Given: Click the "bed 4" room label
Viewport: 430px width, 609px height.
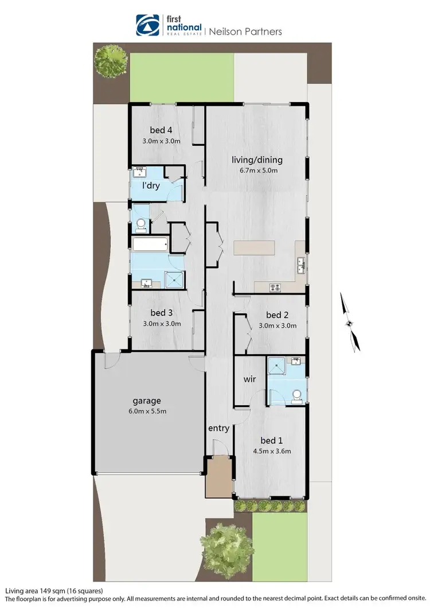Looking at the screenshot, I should tap(162, 129).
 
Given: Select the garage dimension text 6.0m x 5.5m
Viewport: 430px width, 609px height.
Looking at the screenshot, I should tap(148, 412).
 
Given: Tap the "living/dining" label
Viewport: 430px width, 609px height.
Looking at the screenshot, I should tap(257, 160).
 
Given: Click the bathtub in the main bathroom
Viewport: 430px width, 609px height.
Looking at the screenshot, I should tap(150, 245).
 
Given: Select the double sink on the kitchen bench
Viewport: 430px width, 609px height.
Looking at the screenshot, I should tap(301, 265).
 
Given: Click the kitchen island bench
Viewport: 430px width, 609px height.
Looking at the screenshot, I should tap(254, 248).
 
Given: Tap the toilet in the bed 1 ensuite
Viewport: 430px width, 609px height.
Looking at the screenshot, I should tap(296, 395).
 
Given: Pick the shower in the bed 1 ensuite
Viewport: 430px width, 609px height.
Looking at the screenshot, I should tap(278, 366).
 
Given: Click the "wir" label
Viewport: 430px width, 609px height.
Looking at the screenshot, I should tap(249, 379).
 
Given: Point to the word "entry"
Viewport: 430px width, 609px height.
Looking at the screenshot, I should tap(218, 428).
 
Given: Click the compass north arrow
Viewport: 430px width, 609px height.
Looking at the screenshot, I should tap(350, 321).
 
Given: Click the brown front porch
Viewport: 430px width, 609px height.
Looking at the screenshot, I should tap(220, 476).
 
